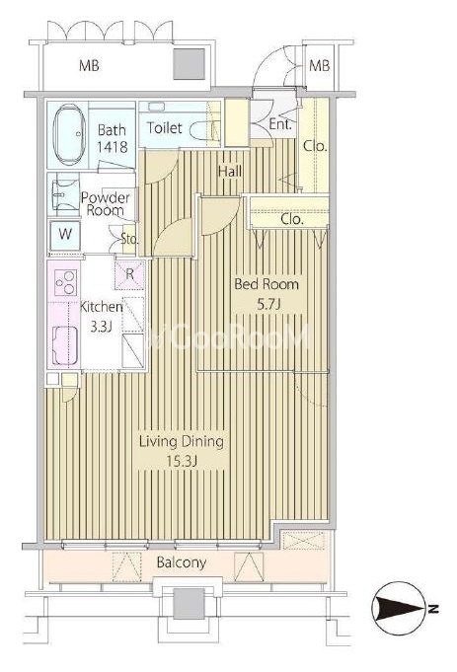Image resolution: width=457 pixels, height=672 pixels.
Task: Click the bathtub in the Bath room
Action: tap(68, 134)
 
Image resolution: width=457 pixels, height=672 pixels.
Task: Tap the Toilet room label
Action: tap(164, 127)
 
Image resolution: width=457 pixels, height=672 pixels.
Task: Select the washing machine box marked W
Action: tap(65, 235)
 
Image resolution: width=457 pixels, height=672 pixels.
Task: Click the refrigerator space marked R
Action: tap(129, 274)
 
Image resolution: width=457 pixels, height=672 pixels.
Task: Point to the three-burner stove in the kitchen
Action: tap(65, 282)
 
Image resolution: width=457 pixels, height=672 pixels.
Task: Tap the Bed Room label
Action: tap(267, 284)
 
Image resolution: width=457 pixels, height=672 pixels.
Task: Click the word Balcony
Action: tap(182, 562)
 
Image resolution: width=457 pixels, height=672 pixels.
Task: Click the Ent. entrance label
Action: tap(280, 124)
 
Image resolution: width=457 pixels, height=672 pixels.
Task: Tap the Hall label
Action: tap(230, 172)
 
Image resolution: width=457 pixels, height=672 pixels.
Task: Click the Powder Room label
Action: tap(105, 204)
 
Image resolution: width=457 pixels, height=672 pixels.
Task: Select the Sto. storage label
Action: tap(129, 239)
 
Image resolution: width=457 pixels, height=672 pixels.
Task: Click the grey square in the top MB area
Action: tap(189, 64)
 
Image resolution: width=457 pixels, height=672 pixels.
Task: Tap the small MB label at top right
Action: tap(320, 65)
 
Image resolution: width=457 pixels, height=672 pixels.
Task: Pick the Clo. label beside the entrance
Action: tap(315, 146)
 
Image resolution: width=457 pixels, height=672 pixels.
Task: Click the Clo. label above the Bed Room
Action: tap(292, 219)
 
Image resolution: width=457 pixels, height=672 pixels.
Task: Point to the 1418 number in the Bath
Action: tap(112, 147)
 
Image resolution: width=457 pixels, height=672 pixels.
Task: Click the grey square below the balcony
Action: tap(189, 604)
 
